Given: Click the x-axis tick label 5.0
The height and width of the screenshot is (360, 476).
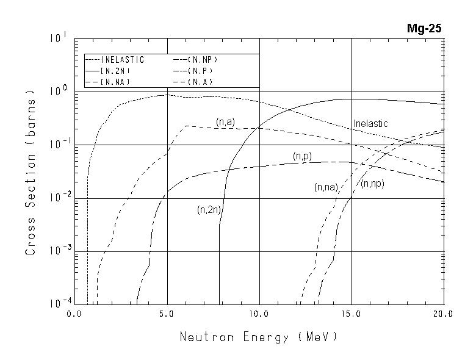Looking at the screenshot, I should [x=167, y=314].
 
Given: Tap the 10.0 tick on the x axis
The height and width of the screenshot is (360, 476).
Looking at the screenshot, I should [x=259, y=314].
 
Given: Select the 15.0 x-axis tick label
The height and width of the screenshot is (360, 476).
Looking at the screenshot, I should [x=352, y=314].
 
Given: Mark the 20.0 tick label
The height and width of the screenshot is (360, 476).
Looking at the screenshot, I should [x=444, y=314].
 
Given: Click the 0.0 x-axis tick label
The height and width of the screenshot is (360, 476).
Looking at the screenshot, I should [x=74, y=314].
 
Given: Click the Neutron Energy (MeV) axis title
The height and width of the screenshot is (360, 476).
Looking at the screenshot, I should [x=259, y=337].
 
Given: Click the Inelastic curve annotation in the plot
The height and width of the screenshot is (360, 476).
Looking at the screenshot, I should [x=370, y=124].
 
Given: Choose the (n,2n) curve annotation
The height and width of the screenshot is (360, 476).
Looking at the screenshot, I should [x=209, y=210].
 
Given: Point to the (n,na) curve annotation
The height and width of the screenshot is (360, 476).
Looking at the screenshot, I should [x=326, y=188].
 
